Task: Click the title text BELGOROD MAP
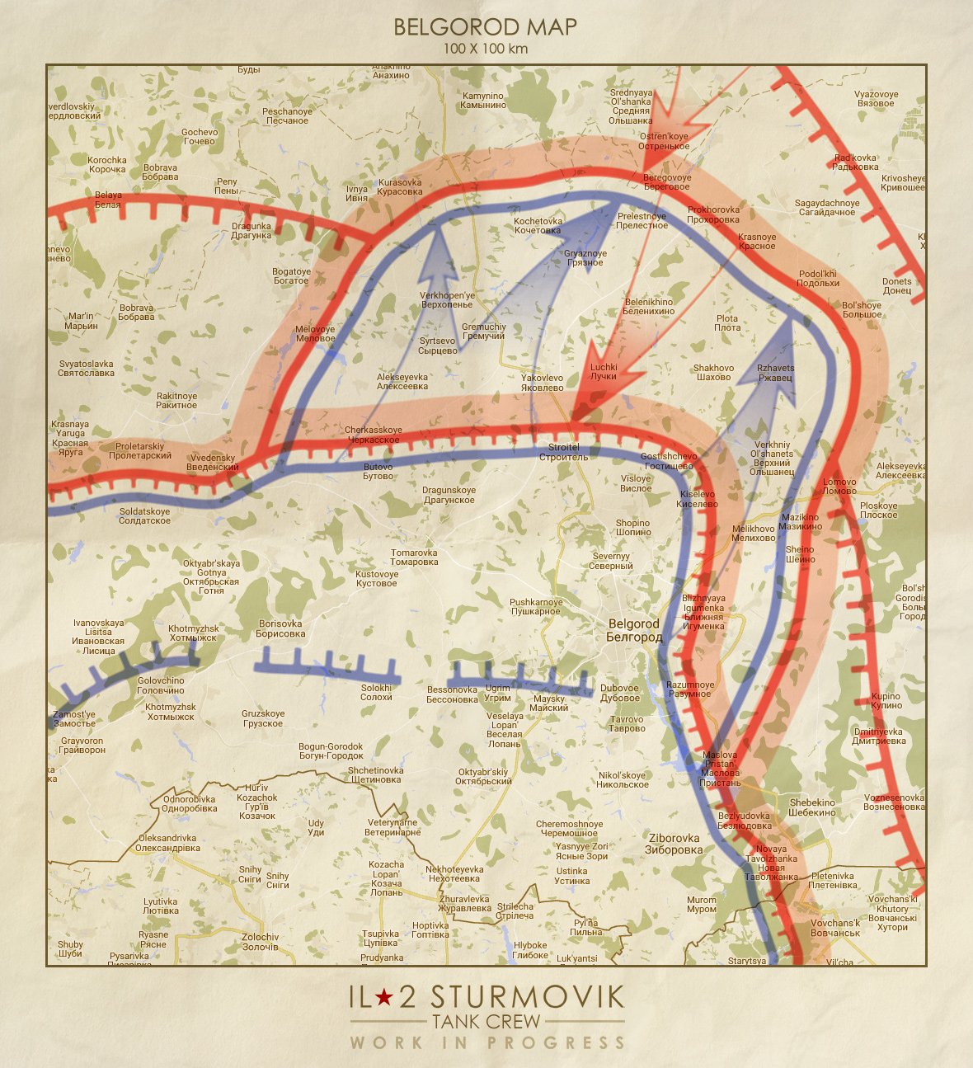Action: (x=485, y=27)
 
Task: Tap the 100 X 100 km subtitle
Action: (x=485, y=49)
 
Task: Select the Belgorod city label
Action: (x=634, y=631)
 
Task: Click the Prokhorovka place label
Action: (x=713, y=214)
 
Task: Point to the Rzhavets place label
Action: (x=775, y=373)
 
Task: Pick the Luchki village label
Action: (x=603, y=372)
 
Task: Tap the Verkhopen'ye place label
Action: (x=447, y=299)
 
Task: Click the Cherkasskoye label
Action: (x=373, y=435)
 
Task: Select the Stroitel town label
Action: (x=564, y=452)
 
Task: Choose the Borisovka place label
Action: (x=280, y=628)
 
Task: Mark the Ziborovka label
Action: (x=674, y=844)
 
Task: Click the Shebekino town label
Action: (x=812, y=807)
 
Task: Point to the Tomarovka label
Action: (x=414, y=558)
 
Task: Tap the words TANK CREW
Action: (x=486, y=1021)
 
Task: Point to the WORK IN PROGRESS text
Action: (x=486, y=1043)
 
